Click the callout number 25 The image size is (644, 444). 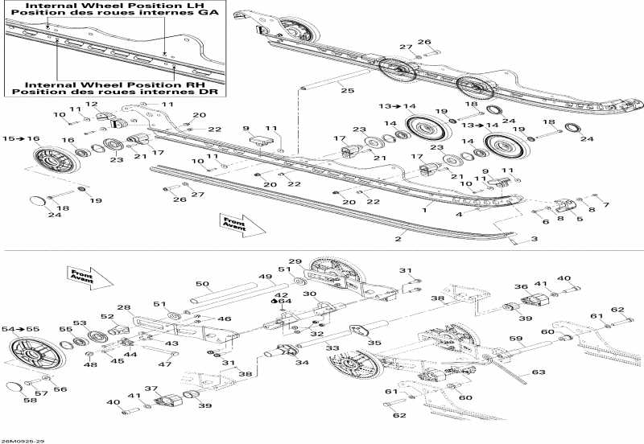[x=346, y=91]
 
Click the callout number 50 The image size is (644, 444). [x=202, y=284]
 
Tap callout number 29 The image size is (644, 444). [x=295, y=262]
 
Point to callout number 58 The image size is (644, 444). [x=31, y=399]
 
